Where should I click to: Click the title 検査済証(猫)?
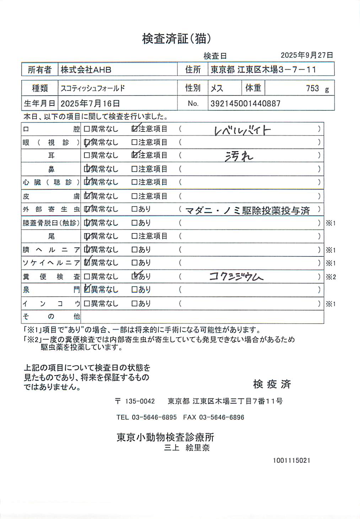(x=177, y=39)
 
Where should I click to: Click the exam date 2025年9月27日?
(x=307, y=55)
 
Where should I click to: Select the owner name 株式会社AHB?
(x=86, y=70)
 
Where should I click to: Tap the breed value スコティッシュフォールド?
(x=92, y=88)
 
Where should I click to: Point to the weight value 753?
(x=312, y=88)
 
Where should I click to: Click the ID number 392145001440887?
(x=245, y=103)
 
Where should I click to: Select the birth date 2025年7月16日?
(x=90, y=103)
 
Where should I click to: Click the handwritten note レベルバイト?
(x=243, y=130)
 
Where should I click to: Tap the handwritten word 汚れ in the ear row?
(x=239, y=156)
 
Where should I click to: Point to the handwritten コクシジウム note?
(x=236, y=277)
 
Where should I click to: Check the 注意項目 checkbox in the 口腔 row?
(x=134, y=129)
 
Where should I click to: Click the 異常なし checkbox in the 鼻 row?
(x=87, y=169)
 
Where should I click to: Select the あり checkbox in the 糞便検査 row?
(x=134, y=276)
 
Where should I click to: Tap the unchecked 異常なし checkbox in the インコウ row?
(x=87, y=304)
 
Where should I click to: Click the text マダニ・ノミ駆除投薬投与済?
(x=248, y=210)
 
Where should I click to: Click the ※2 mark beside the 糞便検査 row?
(x=331, y=277)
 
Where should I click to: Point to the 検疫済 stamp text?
(x=272, y=384)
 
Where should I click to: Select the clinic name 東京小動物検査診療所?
(x=165, y=437)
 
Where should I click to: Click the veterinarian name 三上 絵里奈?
(x=187, y=448)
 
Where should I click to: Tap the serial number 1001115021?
(x=291, y=460)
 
